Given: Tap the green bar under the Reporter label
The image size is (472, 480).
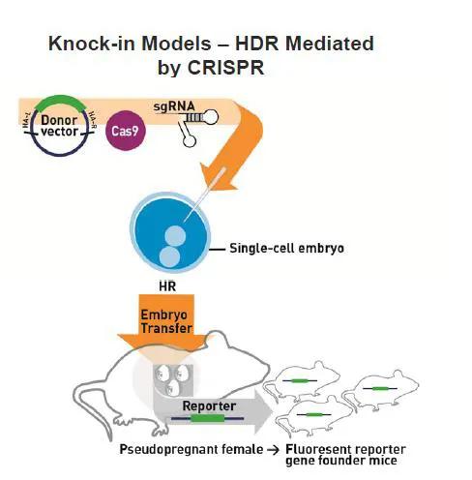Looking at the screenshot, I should [x=207, y=419].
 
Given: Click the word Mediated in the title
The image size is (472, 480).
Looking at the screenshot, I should [x=327, y=44].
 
